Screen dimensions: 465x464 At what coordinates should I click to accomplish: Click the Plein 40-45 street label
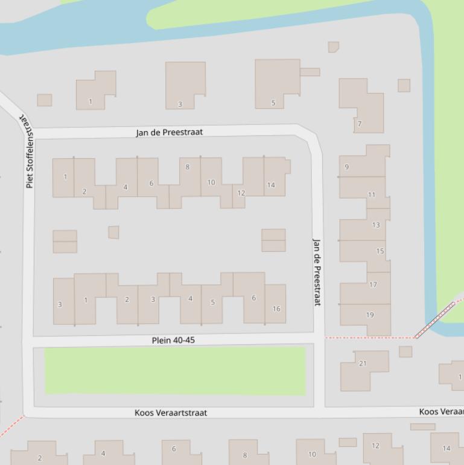point(173,341)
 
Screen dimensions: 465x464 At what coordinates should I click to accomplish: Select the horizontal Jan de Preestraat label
point(170,132)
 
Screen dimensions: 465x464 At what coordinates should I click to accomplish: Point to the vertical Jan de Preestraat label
point(317,272)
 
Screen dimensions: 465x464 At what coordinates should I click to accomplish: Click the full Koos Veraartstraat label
point(171,413)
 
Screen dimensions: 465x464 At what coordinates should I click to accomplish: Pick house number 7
point(360,124)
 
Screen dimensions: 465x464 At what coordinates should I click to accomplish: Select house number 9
point(347,167)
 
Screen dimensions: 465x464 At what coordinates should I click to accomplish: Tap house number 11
point(372,195)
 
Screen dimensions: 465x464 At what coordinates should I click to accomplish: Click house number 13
point(376,225)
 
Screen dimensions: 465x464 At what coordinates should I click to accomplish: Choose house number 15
point(380,251)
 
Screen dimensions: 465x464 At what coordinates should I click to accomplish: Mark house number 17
point(373,284)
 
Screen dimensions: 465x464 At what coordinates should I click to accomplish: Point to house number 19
point(370,315)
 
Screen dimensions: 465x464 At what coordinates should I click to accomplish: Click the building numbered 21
point(363,364)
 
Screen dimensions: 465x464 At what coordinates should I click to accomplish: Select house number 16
point(276,309)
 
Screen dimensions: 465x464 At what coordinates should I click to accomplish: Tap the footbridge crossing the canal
point(435,319)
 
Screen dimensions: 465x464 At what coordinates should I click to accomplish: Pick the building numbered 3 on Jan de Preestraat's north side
point(185,85)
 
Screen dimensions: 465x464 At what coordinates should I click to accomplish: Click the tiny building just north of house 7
point(333,46)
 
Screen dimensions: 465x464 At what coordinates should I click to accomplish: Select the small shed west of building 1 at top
point(44,100)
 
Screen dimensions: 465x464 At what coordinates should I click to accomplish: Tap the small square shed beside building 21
point(405,351)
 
